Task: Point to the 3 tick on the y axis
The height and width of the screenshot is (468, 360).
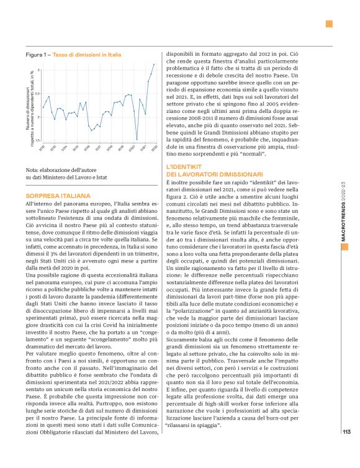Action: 39,70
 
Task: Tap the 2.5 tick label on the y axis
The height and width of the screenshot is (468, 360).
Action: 38,94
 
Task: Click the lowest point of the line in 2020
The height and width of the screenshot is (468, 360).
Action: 137,140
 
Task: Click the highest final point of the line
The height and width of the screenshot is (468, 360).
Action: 154,64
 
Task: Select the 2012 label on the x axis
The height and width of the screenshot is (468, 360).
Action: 42,148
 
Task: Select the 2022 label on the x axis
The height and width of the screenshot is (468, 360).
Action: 153,148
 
